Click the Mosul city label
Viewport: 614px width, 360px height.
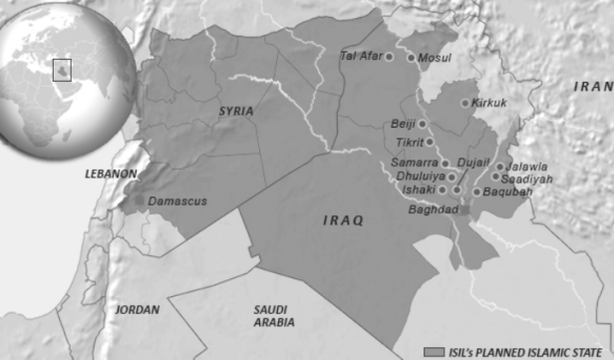pos(434,58)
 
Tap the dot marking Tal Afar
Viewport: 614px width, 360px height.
pos(389,57)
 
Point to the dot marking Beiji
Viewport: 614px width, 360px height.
pos(422,125)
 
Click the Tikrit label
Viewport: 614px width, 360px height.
pos(410,143)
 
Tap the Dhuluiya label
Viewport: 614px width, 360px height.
pos(419,177)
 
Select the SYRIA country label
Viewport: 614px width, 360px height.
pos(236,111)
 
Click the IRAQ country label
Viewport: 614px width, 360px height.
pos(343,219)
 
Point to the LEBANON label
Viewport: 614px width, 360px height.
pos(111,174)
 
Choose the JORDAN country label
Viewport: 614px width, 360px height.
pos(137,310)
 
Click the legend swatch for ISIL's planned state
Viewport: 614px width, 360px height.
pos(433,352)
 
